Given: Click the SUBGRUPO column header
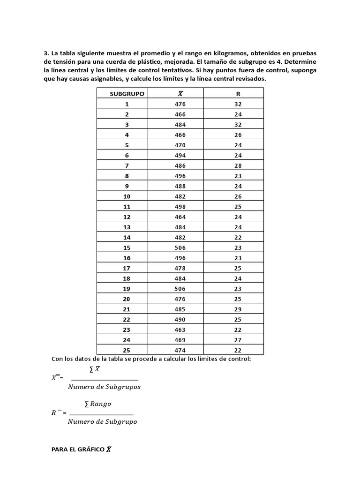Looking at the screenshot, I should point(127,94).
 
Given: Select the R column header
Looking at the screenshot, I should point(238,94).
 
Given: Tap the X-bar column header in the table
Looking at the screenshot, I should point(180,94).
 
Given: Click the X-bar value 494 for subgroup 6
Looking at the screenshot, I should point(180,156).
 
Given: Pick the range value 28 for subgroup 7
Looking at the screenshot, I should point(238,166).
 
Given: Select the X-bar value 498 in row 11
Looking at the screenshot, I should point(180,207).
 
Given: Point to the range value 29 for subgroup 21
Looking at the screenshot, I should point(238,309).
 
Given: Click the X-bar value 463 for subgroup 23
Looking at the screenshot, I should point(180,330).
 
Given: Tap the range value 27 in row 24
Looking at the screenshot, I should point(238,340).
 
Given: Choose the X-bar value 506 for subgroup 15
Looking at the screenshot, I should point(180,248).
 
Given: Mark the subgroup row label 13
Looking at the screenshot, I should point(127,227).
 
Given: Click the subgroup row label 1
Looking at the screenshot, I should point(127,104).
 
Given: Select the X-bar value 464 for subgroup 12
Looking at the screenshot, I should point(180,217).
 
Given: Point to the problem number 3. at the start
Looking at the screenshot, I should point(46,53).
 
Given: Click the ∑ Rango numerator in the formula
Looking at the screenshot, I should point(97,404).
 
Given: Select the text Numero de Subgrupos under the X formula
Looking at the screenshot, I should point(104,387).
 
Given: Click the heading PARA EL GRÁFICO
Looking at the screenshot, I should point(78,450).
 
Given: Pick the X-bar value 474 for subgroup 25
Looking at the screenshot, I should point(180,351).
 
